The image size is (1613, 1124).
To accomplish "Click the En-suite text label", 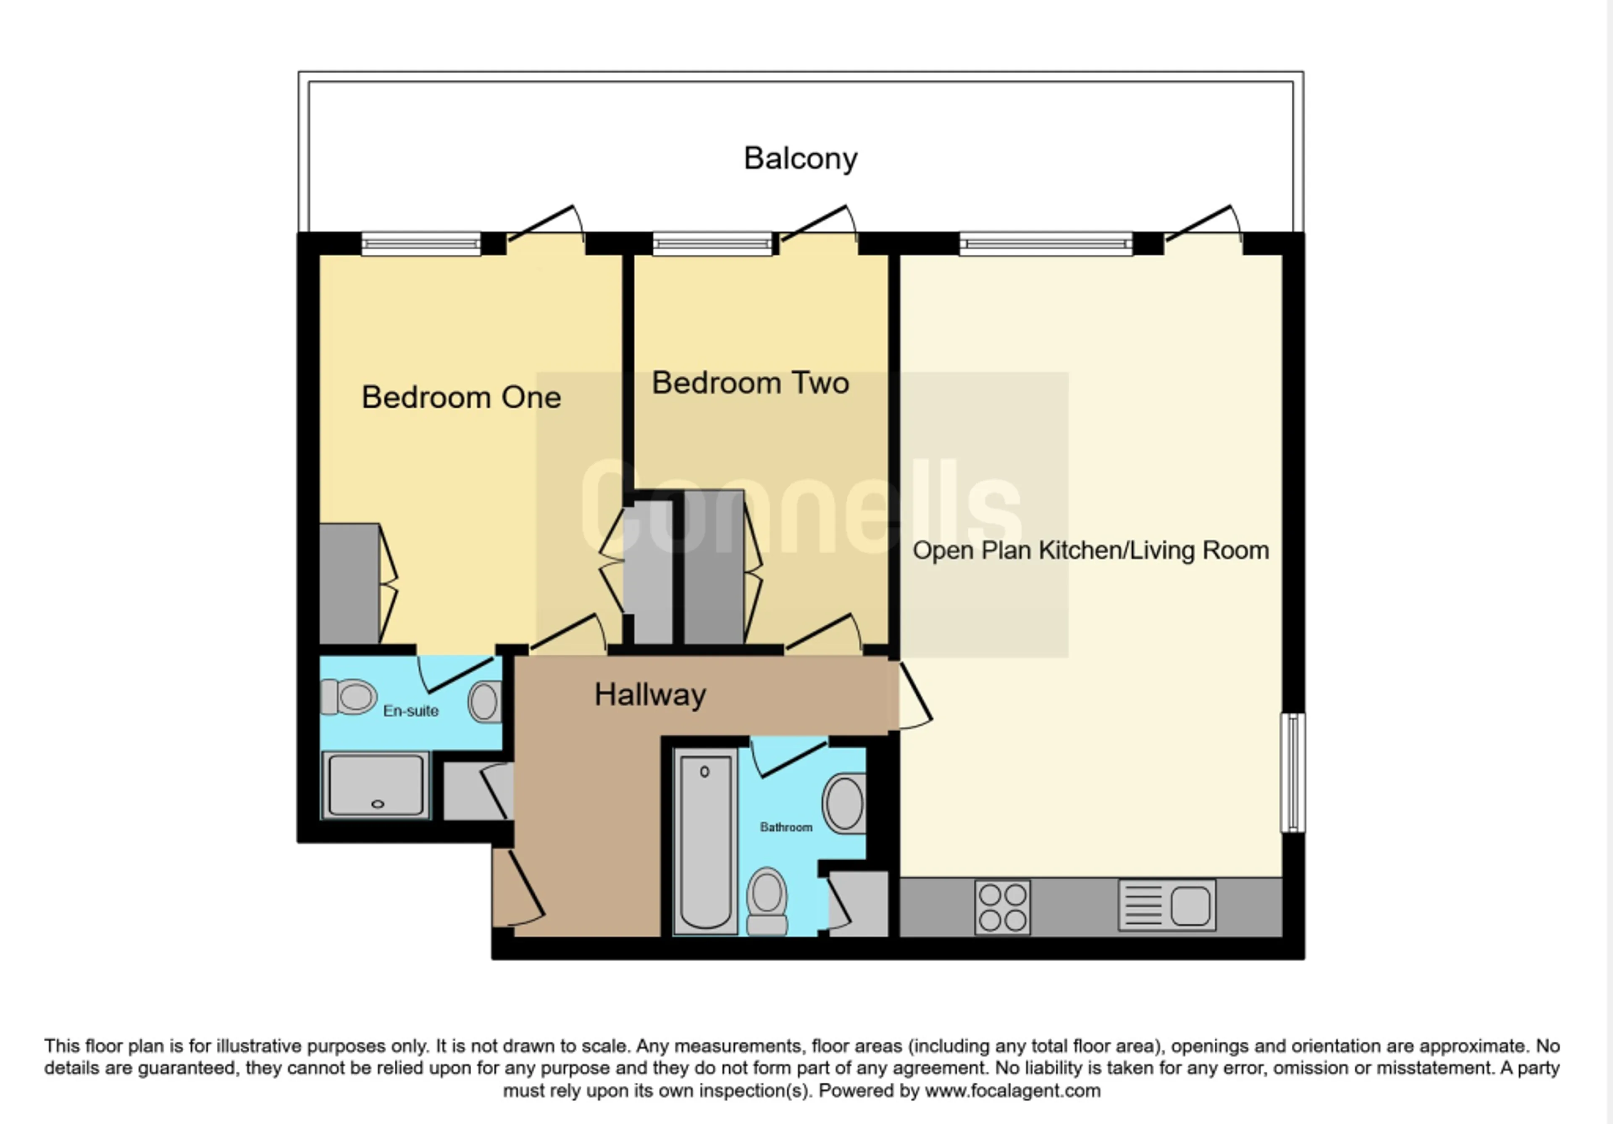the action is pos(410,711).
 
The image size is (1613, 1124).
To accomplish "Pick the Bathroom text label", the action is pos(785,827).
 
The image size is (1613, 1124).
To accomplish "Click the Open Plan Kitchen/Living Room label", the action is pos(1090,550).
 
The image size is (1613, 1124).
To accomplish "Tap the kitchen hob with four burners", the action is pos(1003,908).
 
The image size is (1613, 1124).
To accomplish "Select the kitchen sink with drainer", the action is pos(1167,906).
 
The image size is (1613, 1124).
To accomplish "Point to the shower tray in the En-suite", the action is pos(376,785).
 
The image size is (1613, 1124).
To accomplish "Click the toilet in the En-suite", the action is pos(349,697).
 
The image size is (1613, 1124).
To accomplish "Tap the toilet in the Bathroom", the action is pos(767,902).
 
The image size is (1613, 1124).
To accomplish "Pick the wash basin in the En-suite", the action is pos(485,702).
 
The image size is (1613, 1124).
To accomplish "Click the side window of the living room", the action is pos(1293,773).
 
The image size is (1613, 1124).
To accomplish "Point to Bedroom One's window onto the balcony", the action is pos(421,244).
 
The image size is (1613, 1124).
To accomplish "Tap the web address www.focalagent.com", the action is pos(1012,1091).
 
